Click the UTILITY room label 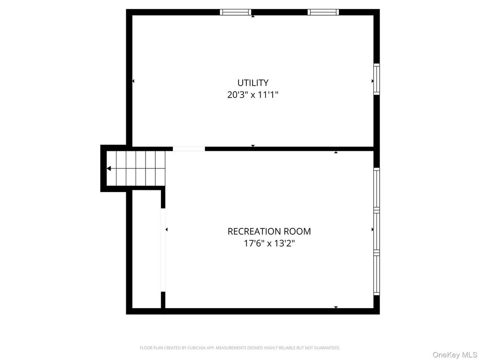point(253,83)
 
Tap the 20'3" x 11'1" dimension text point(253,95)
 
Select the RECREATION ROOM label point(269,231)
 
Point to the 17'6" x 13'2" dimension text point(269,244)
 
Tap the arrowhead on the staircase point(109,168)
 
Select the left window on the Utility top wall point(236,12)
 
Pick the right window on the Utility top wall point(323,12)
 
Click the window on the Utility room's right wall point(377,79)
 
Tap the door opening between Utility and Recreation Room point(189,149)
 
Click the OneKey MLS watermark point(454,354)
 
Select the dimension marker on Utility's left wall point(133,81)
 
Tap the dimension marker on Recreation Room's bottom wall point(336,307)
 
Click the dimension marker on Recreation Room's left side point(167,229)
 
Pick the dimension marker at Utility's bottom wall point(253,146)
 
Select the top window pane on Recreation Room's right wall point(377,189)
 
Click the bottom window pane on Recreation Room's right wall point(377,274)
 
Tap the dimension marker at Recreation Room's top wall point(336,152)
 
